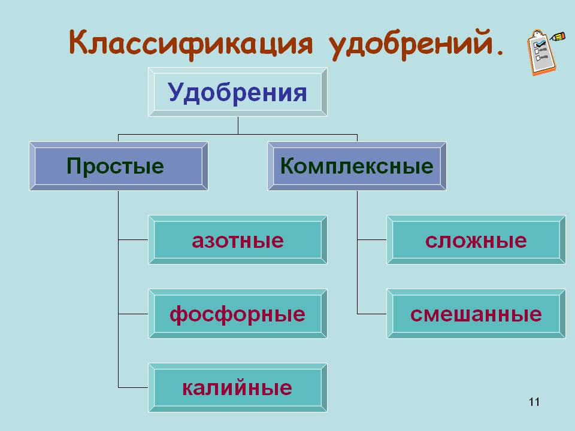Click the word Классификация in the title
click(190, 44)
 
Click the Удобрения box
click(238, 92)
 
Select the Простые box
click(119, 166)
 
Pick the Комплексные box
click(357, 166)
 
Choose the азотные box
click(238, 240)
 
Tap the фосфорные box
click(238, 314)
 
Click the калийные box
click(238, 388)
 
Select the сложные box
click(476, 240)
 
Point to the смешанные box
click(476, 314)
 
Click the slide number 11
click(534, 402)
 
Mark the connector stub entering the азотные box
click(133, 239)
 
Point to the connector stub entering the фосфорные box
click(133, 314)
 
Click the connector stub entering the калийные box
click(133, 387)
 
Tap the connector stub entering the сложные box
click(372, 239)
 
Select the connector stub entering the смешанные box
click(372, 314)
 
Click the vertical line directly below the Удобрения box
click(238, 126)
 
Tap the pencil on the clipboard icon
click(558, 37)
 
